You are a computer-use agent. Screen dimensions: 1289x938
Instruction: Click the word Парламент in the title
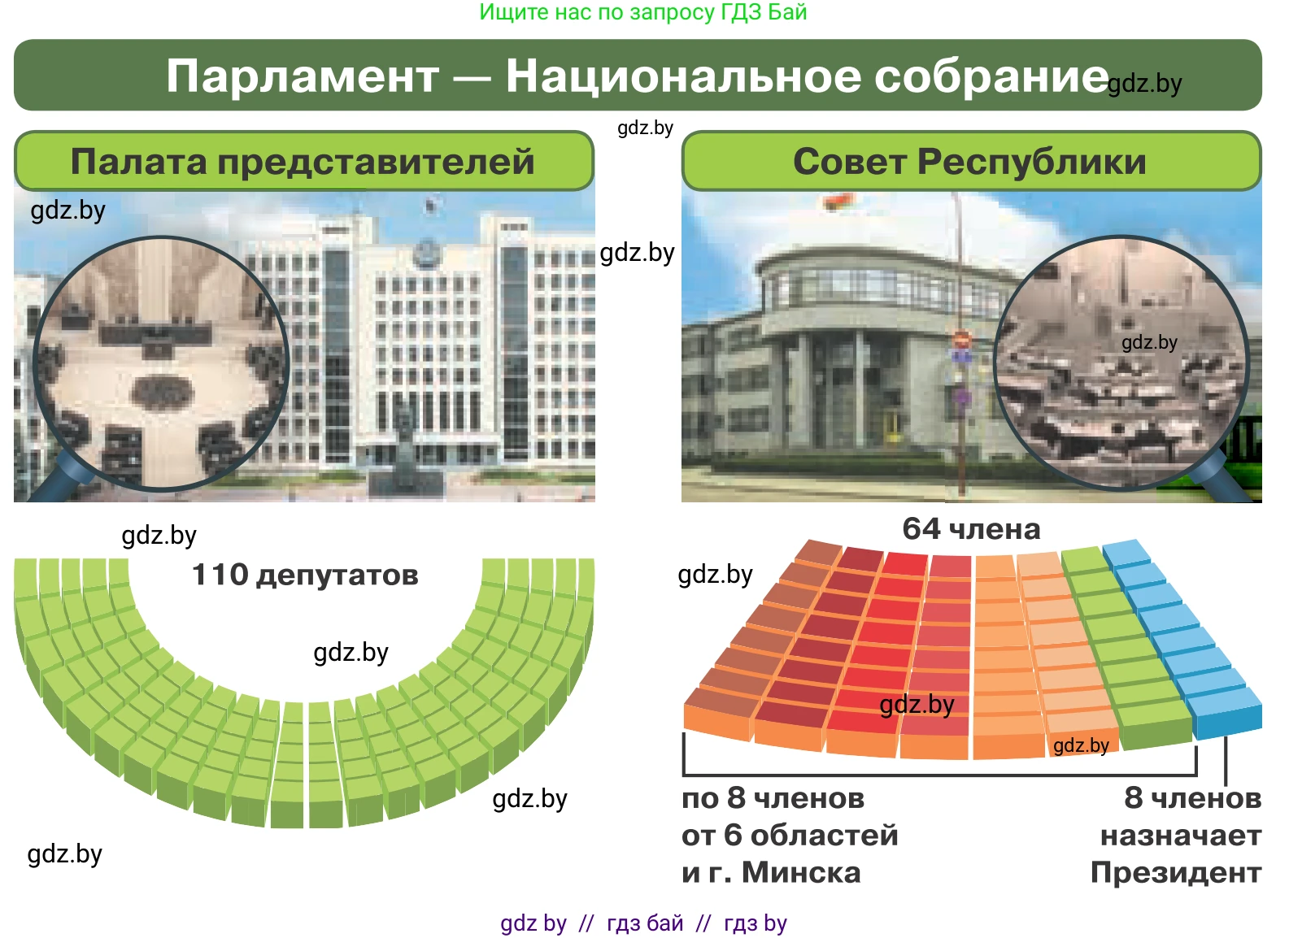point(303,77)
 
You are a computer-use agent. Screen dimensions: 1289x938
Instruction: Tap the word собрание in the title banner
point(991,77)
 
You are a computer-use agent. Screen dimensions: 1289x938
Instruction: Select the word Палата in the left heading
point(138,162)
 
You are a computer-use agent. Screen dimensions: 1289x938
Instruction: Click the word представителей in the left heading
point(377,163)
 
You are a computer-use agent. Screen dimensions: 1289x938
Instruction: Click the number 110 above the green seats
point(220,575)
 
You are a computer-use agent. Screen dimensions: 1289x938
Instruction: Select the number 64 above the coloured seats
point(921,528)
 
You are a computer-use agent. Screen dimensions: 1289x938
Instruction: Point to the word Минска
point(801,873)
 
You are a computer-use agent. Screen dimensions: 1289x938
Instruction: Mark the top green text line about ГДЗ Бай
point(643,12)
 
